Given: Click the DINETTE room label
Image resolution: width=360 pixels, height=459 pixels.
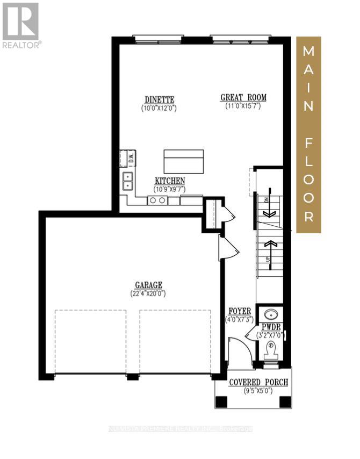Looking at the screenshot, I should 160,99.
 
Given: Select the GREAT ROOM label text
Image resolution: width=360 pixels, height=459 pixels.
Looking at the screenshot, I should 243,97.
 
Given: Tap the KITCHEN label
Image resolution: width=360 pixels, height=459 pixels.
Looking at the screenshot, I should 170,181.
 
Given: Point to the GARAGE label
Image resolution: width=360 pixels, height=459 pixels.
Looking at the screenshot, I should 149,285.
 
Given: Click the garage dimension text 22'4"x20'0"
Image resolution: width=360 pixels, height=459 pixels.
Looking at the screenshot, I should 149,293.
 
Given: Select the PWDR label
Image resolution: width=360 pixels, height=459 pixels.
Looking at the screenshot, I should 271,327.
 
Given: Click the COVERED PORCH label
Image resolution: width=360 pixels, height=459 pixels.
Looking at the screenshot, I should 258,382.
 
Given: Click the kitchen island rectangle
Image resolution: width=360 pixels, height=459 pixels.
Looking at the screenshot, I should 184,161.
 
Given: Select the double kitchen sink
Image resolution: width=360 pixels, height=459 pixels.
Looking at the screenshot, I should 128,181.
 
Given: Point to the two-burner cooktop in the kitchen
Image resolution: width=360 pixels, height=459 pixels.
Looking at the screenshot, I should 157,200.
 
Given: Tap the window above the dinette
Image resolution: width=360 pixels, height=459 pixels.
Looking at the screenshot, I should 158,39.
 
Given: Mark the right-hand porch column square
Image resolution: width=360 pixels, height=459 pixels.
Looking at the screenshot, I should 285,401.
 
